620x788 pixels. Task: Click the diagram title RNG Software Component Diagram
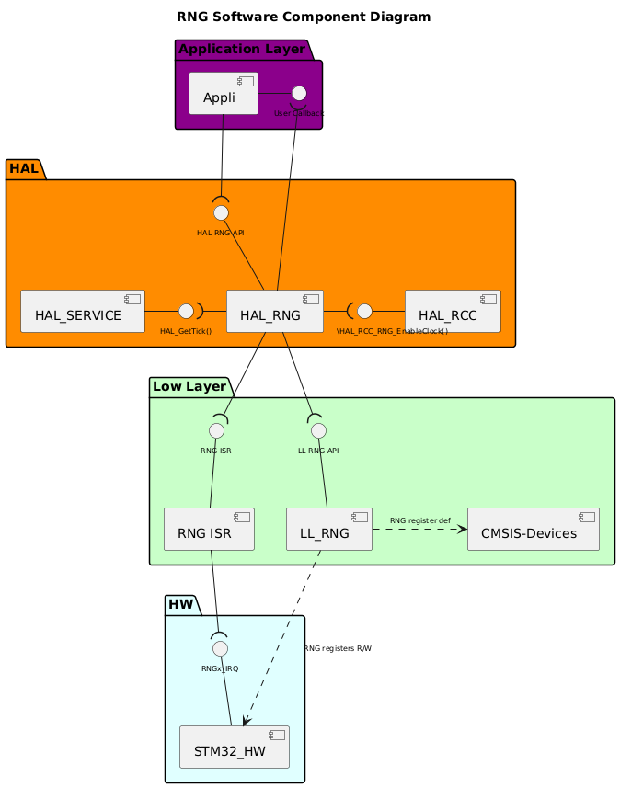[x=303, y=17]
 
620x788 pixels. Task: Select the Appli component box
[x=224, y=94]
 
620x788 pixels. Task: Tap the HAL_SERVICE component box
[x=83, y=312]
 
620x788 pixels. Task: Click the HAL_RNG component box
[x=274, y=312]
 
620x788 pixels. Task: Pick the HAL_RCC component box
[x=453, y=312]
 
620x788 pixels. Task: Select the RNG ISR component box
[x=209, y=529]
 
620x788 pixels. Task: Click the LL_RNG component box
[x=328, y=529]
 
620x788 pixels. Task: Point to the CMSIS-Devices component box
[x=533, y=529]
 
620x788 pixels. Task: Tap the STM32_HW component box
[x=234, y=747]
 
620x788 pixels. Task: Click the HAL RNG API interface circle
[x=221, y=212]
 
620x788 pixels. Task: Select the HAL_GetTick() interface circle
[x=186, y=311]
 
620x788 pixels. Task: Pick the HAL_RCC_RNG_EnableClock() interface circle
[x=364, y=311]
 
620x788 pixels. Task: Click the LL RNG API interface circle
[x=318, y=430]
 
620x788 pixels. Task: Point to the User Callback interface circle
[x=298, y=93]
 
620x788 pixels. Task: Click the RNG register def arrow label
[x=419, y=521]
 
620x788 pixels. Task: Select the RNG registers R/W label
[x=338, y=648]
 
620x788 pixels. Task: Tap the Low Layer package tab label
[x=189, y=387]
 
